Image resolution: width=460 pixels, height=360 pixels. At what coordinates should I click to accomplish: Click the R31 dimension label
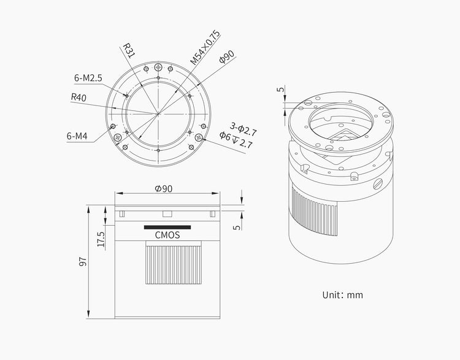click(x=128, y=51)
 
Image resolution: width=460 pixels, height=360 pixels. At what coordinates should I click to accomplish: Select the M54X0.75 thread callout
click(x=205, y=47)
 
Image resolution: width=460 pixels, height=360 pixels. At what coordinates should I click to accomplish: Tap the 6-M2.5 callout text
click(x=88, y=78)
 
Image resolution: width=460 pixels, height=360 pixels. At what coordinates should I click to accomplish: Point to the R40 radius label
click(x=79, y=98)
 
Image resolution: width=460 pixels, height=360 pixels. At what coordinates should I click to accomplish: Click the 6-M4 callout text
click(x=77, y=136)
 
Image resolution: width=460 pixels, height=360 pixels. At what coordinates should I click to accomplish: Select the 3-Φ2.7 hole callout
click(x=243, y=129)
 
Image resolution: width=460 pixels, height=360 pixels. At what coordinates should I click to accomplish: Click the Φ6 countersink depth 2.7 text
click(x=236, y=140)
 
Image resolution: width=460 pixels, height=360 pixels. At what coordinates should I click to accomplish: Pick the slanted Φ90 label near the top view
click(x=227, y=56)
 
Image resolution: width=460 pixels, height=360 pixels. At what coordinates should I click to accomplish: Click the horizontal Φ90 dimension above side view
click(x=164, y=189)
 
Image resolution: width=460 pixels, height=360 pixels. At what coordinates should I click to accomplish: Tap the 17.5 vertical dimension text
click(x=101, y=239)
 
